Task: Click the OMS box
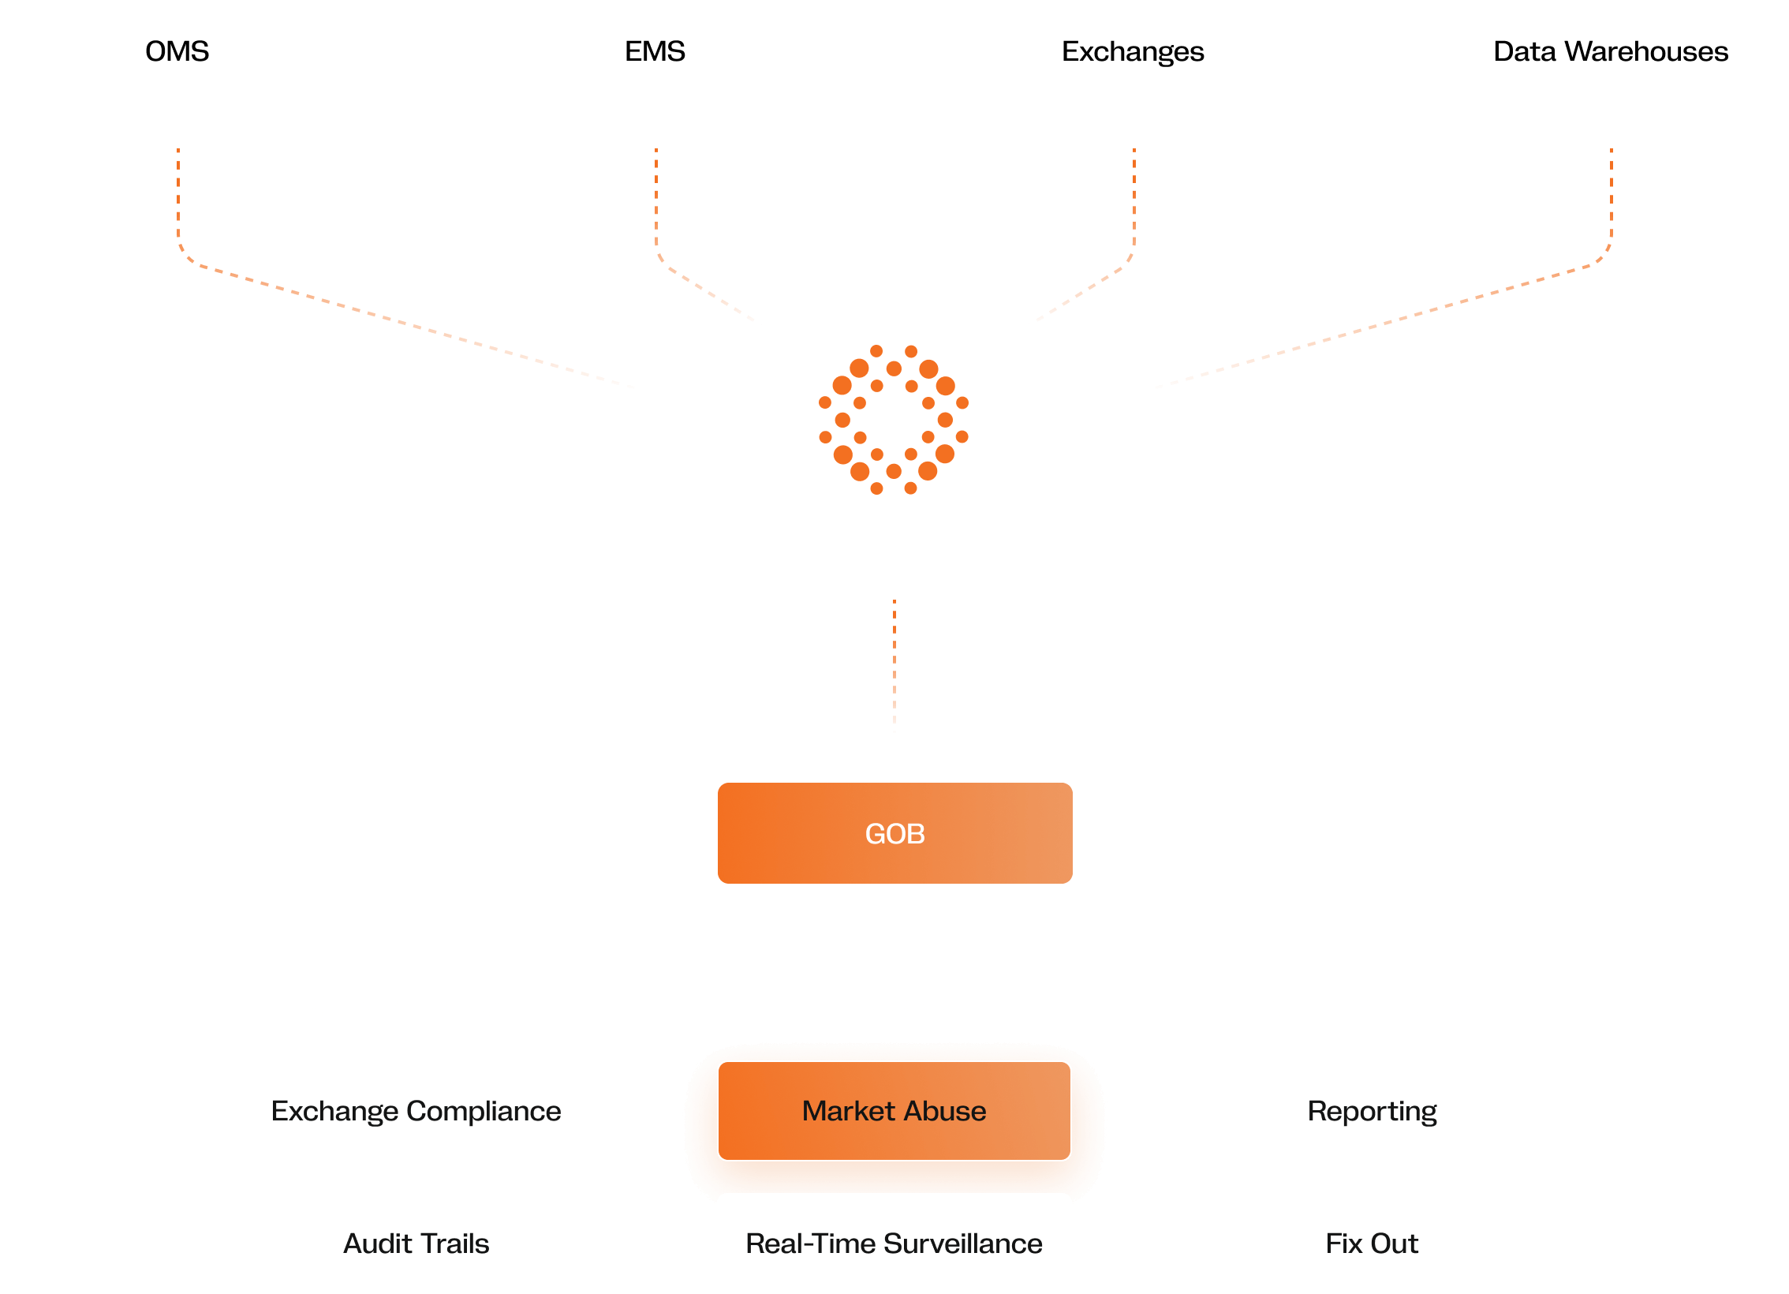click(x=177, y=50)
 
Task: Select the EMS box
click(x=655, y=50)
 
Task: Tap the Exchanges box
click(x=1133, y=50)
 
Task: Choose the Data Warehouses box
click(x=1611, y=50)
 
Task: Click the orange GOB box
click(x=894, y=833)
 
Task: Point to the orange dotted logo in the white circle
click(x=894, y=420)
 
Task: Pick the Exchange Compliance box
click(x=416, y=1111)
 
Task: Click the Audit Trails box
click(x=416, y=1244)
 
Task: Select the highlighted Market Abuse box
click(x=894, y=1111)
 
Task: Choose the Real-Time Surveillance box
click(x=894, y=1244)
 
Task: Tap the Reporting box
click(x=1373, y=1111)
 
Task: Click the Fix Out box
click(x=1373, y=1244)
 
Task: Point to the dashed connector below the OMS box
click(x=178, y=197)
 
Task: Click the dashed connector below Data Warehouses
click(x=1612, y=197)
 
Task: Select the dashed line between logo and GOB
click(x=894, y=667)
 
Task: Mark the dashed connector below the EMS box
click(x=656, y=197)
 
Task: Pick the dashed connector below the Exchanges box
click(x=1134, y=197)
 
